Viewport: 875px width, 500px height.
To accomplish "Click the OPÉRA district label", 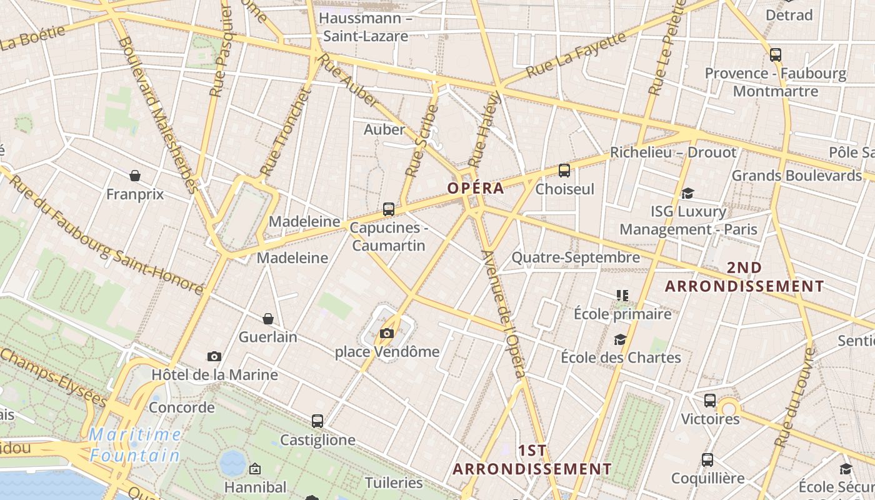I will (x=476, y=188).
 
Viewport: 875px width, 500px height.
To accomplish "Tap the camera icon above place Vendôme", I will (x=387, y=333).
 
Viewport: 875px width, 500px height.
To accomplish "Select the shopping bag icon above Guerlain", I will (x=268, y=319).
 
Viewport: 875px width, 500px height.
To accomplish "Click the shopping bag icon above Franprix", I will (x=135, y=176).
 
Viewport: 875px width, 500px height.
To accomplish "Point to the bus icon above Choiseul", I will (x=564, y=170).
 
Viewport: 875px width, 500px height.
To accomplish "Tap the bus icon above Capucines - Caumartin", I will (x=389, y=209).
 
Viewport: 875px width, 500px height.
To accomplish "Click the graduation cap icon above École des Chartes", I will (x=620, y=339).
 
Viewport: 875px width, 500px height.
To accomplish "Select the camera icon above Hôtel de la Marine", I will (x=214, y=356).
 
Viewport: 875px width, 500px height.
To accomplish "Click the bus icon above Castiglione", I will (x=317, y=421).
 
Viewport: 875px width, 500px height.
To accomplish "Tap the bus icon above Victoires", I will (x=710, y=401).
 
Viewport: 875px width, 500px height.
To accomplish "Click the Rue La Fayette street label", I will (x=576, y=56).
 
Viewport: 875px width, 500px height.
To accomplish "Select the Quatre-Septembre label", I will (x=576, y=257).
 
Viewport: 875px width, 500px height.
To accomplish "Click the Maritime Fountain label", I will (x=135, y=445).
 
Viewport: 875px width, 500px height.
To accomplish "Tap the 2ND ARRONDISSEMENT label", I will (x=744, y=277).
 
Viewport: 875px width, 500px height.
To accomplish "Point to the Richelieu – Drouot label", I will (x=673, y=152).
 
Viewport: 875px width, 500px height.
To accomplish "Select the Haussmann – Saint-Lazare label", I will (x=366, y=27).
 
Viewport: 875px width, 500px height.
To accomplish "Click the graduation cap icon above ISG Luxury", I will (x=688, y=194).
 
